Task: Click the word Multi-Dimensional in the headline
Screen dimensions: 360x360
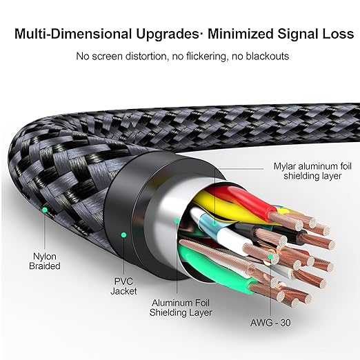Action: pos(73,34)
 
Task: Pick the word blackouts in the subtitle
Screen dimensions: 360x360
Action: pos(267,56)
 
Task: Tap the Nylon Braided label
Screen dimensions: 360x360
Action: pos(45,261)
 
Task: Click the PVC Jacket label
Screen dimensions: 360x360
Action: pos(123,286)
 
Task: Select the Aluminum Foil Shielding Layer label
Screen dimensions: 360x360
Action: pos(181,308)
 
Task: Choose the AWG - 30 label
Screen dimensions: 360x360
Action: pos(270,323)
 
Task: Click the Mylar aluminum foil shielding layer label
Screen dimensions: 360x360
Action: pos(312,171)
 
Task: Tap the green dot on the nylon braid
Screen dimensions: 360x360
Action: pos(45,210)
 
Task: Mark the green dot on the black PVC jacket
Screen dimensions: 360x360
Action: pos(124,235)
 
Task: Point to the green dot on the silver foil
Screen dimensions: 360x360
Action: pos(177,221)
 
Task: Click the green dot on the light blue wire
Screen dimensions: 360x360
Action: pos(214,223)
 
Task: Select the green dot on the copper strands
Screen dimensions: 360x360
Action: pos(271,257)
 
